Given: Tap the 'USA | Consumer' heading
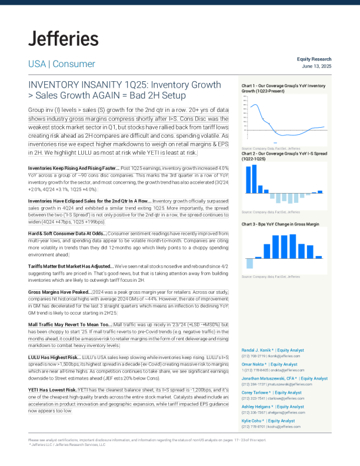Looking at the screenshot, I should [62, 64].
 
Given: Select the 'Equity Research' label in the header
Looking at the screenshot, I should [314, 59].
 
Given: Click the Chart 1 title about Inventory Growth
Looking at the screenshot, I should [284, 89].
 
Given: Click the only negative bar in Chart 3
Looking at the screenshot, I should [249, 263].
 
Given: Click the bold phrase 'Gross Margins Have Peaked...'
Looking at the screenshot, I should [59, 292].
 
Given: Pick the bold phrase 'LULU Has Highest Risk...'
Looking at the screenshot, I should [55, 357].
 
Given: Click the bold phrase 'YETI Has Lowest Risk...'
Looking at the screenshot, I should [53, 390].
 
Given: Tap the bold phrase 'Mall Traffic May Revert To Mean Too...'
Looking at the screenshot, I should [70, 324].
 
